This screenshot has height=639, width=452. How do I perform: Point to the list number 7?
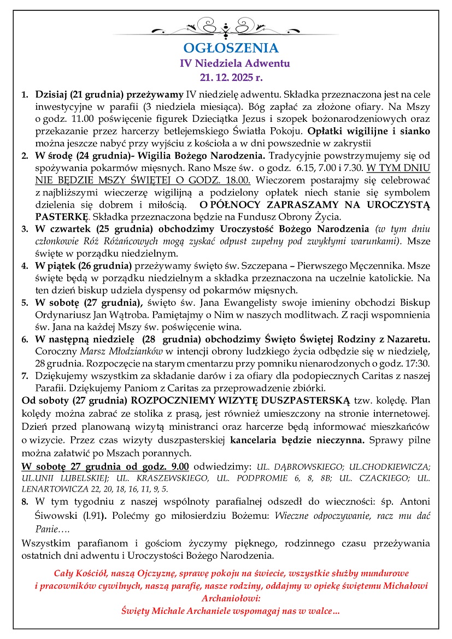[x=25, y=376]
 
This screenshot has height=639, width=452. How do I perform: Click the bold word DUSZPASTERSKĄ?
[x=300, y=400]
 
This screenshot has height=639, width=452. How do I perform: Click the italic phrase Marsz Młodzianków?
[x=113, y=351]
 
